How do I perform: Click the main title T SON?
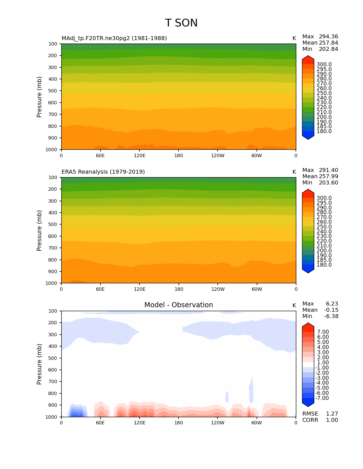(181, 23)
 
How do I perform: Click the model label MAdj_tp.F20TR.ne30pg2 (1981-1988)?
(114, 38)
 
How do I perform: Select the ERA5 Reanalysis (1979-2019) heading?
(103, 172)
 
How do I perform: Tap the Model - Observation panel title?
(179, 305)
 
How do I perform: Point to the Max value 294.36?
(328, 37)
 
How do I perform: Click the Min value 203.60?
(328, 183)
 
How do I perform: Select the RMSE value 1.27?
(332, 414)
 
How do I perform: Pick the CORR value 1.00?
(332, 420)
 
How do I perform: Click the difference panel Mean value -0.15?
(331, 310)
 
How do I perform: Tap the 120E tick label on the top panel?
(140, 155)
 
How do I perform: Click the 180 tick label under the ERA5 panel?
(179, 289)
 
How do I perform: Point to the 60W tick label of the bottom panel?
(257, 423)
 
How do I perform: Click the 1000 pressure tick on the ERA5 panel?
(51, 283)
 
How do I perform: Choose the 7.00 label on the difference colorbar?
(323, 332)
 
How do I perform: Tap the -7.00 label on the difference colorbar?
(322, 398)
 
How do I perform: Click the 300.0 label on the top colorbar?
(324, 65)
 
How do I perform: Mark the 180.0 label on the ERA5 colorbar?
(324, 265)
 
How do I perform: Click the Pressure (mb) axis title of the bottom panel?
(39, 364)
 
